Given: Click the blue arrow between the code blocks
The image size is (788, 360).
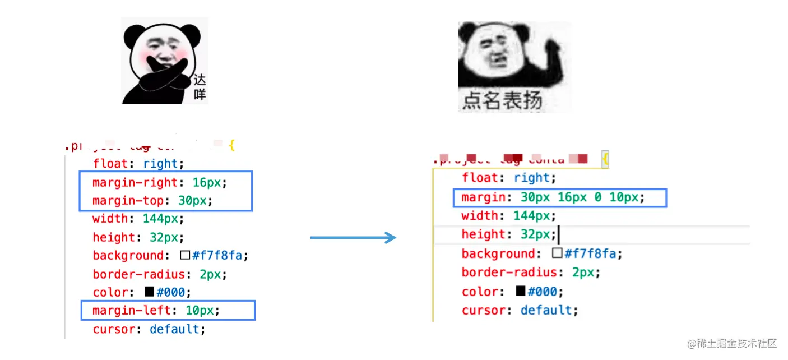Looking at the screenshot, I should tap(353, 238).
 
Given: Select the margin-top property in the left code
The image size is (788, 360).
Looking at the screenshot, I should tap(128, 200).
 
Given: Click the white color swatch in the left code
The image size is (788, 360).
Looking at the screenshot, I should tap(185, 256).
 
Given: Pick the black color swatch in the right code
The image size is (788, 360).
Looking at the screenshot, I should tap(521, 291).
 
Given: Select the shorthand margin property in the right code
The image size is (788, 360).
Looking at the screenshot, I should tap(484, 197).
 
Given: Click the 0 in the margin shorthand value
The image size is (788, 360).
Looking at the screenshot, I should tap(596, 197).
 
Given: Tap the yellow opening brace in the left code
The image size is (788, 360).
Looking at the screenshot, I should tap(231, 146).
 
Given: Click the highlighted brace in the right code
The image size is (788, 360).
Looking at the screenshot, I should tap(605, 160).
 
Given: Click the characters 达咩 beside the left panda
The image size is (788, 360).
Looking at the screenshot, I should tap(200, 87).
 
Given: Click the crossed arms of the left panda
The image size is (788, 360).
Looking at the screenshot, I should tap(160, 81).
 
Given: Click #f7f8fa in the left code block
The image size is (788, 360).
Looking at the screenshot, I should tap(217, 256).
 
